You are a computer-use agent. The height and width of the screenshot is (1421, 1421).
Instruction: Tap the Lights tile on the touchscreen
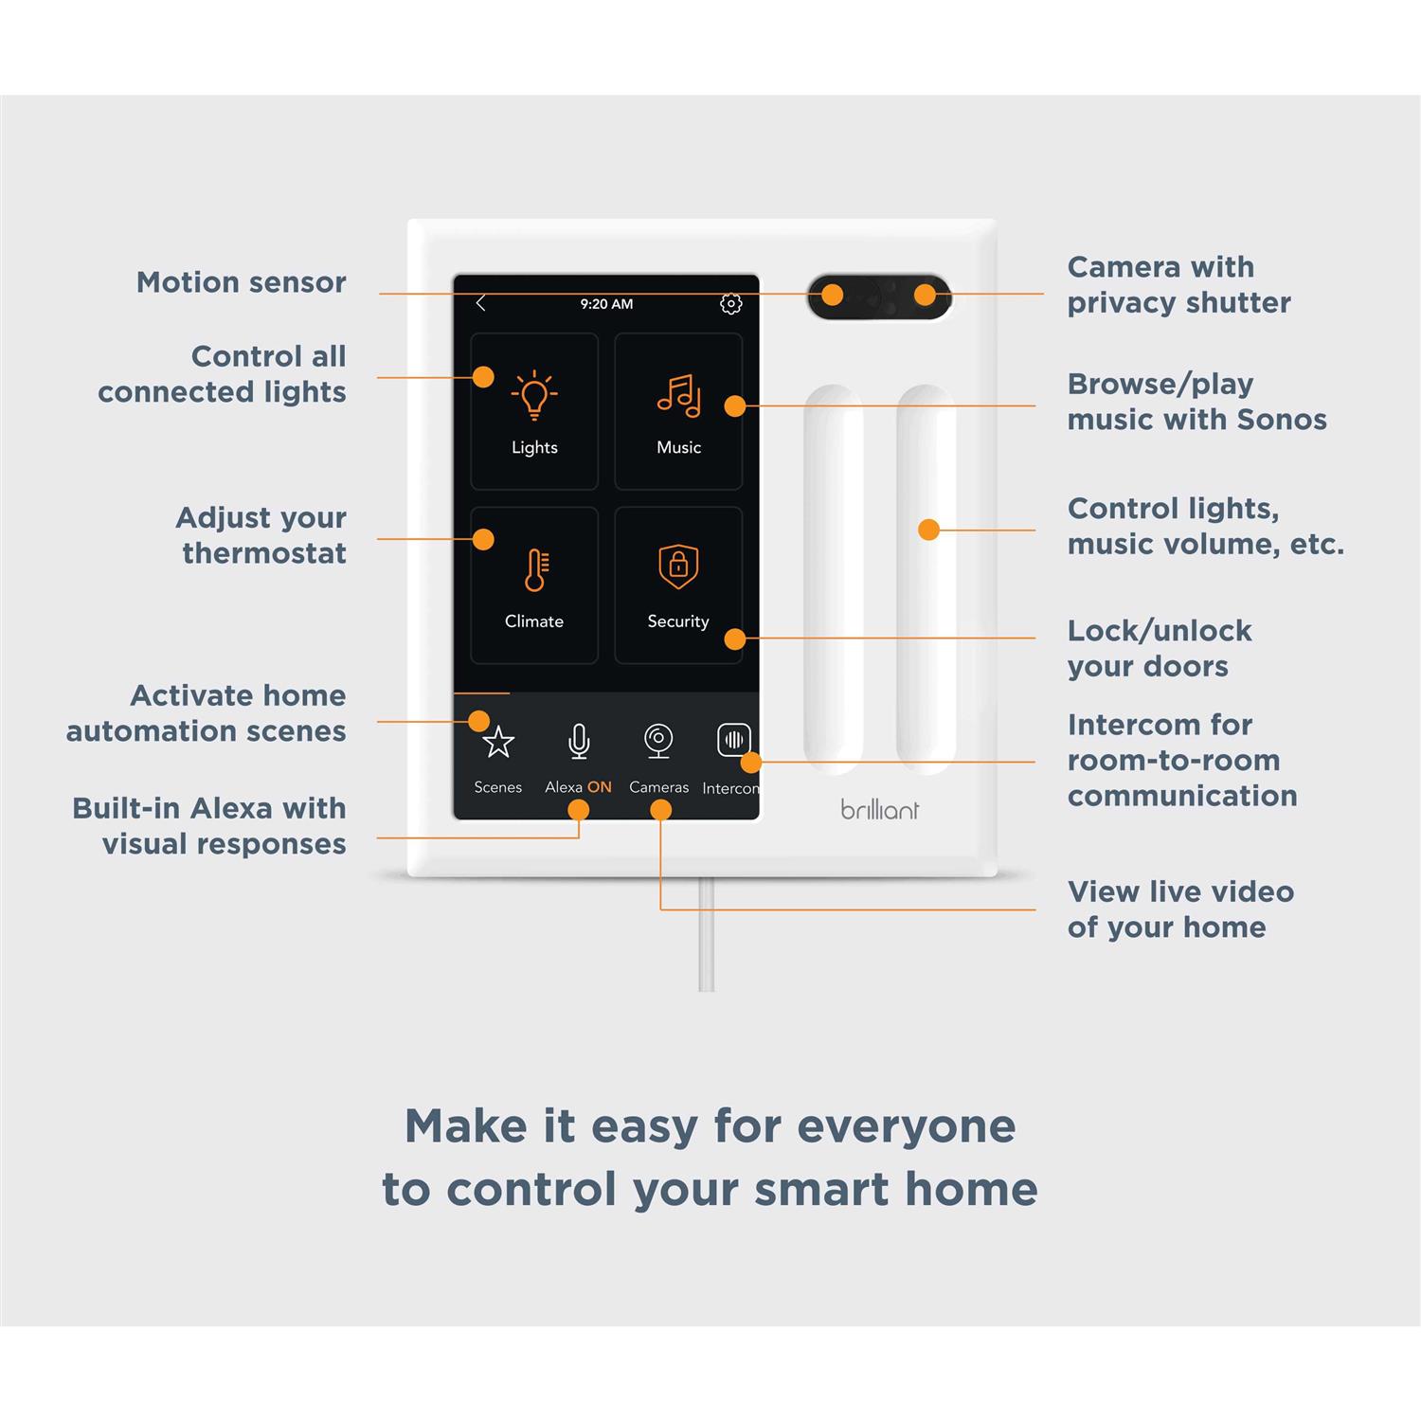pyautogui.click(x=534, y=411)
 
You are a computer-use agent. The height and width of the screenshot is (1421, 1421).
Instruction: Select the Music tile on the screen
pyautogui.click(x=678, y=411)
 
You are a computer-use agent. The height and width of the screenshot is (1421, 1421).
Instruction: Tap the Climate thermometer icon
pyautogui.click(x=534, y=570)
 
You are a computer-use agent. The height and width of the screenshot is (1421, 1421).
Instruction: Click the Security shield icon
pyautogui.click(x=678, y=567)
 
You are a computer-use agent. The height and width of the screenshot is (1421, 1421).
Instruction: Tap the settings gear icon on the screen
pyautogui.click(x=730, y=304)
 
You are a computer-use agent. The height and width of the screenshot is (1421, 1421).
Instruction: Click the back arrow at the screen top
pyautogui.click(x=480, y=303)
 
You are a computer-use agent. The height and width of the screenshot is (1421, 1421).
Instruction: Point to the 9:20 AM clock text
pyautogui.click(x=606, y=304)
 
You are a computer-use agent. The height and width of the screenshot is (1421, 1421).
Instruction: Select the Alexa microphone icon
pyautogui.click(x=579, y=742)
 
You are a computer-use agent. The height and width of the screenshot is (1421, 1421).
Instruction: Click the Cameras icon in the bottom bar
pyautogui.click(x=658, y=741)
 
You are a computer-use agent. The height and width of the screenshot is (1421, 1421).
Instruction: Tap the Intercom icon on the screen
pyautogui.click(x=733, y=740)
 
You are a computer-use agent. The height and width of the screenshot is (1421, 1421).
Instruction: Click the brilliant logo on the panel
pyautogui.click(x=879, y=810)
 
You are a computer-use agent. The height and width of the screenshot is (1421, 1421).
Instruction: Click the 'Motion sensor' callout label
pyautogui.click(x=241, y=282)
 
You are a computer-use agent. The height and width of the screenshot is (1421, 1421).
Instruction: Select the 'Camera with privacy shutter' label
pyautogui.click(x=1178, y=284)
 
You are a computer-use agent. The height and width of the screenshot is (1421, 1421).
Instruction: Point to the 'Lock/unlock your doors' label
pyautogui.click(x=1159, y=648)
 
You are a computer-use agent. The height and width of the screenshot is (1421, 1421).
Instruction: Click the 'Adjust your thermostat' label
pyautogui.click(x=261, y=535)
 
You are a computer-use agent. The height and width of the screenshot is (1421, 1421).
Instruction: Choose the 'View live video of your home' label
pyautogui.click(x=1179, y=908)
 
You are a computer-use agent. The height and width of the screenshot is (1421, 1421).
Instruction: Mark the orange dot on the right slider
pyautogui.click(x=928, y=530)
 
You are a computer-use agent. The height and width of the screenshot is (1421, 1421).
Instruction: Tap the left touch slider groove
pyautogui.click(x=834, y=578)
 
